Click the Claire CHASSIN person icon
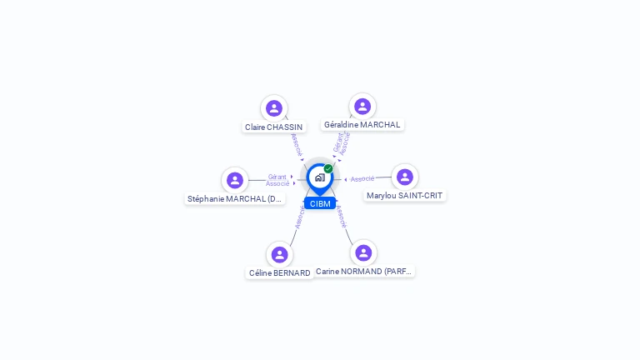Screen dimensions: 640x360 [274, 108]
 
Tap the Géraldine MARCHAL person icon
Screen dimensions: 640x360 [362, 106]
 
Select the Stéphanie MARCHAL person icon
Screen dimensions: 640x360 [235, 180]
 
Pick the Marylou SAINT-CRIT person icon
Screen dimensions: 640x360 [405, 177]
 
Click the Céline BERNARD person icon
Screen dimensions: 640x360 [279, 254]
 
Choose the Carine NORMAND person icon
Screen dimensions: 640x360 [363, 252]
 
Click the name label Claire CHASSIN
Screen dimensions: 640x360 [273, 127]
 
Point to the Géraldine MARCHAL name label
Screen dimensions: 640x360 [362, 125]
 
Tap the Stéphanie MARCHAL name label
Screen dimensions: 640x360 [235, 199]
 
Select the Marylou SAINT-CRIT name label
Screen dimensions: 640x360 [405, 196]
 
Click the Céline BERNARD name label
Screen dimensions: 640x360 [279, 273]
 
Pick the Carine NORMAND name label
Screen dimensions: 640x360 [363, 272]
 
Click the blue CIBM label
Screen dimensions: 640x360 [320, 203]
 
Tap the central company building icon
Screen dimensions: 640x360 [319, 177]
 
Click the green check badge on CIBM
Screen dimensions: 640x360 [328, 168]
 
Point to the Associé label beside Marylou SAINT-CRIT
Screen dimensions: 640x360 [362, 178]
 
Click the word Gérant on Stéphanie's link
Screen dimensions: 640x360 [277, 177]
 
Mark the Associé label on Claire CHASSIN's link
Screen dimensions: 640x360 [297, 144]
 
